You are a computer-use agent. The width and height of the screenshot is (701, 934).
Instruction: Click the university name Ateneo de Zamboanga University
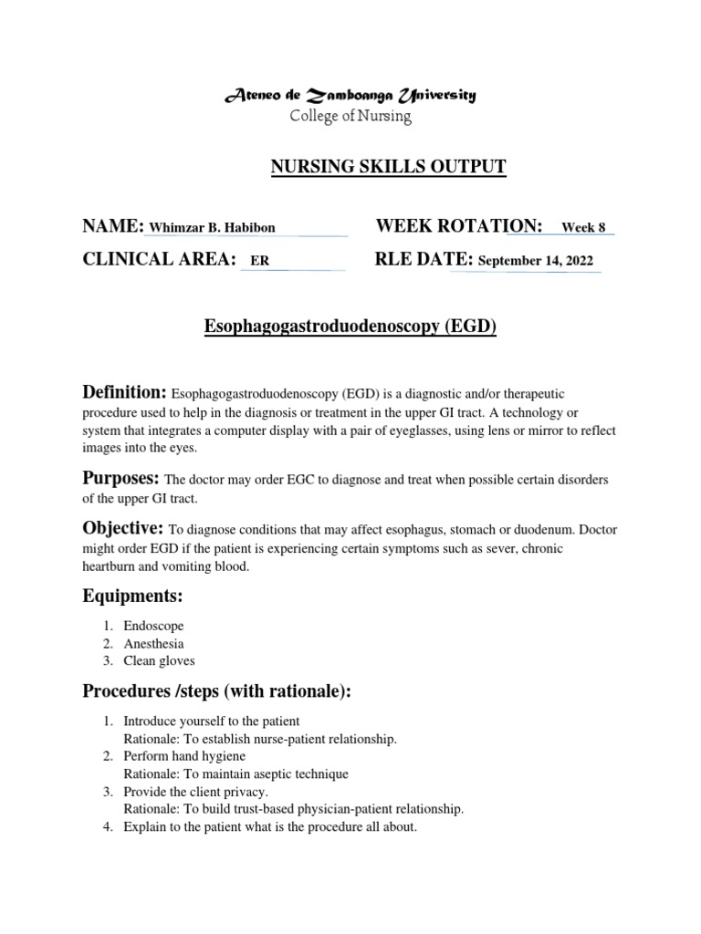tap(350, 96)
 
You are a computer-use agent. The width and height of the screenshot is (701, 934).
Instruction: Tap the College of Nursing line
tap(350, 117)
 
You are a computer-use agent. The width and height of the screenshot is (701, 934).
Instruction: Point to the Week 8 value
tap(583, 228)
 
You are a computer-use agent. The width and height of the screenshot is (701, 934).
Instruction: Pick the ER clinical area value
tap(259, 261)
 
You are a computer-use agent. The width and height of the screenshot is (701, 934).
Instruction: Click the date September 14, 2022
tap(535, 261)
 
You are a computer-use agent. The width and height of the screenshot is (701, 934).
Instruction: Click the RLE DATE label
tap(424, 260)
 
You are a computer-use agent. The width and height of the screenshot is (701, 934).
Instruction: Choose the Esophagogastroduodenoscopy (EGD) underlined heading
tap(350, 327)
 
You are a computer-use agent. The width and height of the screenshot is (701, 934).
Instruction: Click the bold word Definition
tap(124, 392)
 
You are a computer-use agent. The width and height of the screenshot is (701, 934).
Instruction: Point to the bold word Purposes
tap(121, 478)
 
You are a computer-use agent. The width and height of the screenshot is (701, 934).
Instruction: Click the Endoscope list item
tap(153, 627)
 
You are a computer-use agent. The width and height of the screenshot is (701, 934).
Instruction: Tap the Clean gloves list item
tap(159, 661)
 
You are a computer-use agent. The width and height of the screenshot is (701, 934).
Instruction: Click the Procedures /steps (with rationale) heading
tap(217, 692)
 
